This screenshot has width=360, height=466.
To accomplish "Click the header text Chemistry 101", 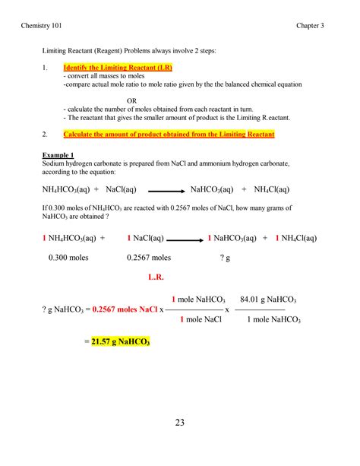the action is point(52,26).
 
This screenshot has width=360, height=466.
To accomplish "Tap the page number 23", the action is point(180,422).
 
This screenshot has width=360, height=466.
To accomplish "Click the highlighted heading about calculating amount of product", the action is point(169,135).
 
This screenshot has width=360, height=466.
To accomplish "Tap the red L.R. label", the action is point(156,277).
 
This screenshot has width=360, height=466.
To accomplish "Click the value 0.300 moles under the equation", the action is point(69,258).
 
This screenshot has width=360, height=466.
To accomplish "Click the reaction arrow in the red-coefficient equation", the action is point(182,238).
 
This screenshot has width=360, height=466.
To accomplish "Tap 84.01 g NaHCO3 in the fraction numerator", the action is point(267,299).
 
